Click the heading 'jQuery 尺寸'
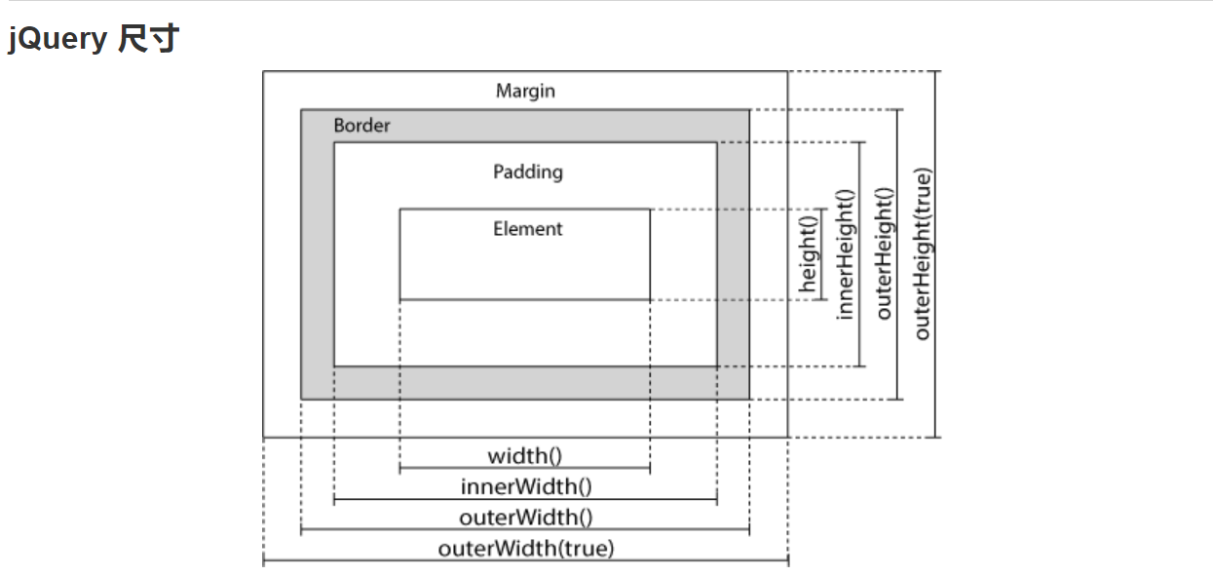pyautogui.click(x=94, y=39)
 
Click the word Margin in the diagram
pyautogui.click(x=525, y=91)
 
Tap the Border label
pyautogui.click(x=361, y=126)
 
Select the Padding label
pyautogui.click(x=527, y=172)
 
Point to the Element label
pyautogui.click(x=527, y=229)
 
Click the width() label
pyautogui.click(x=525, y=455)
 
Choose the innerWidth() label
pyautogui.click(x=525, y=486)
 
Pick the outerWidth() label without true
pyautogui.click(x=525, y=518)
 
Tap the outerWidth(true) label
pyautogui.click(x=526, y=548)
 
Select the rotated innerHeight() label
pyautogui.click(x=845, y=253)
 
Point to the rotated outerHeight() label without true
pyautogui.click(x=884, y=253)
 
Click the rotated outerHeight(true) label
pyautogui.click(x=922, y=253)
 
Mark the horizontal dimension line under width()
pyautogui.click(x=525, y=469)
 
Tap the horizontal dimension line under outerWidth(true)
pyautogui.click(x=525, y=561)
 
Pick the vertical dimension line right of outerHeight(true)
pyautogui.click(x=937, y=253)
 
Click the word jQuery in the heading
pyautogui.click(x=57, y=39)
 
